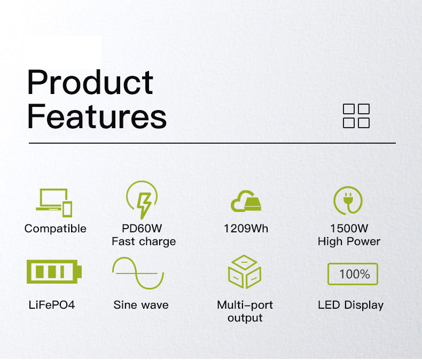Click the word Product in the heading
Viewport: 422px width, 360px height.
pyautogui.click(x=90, y=82)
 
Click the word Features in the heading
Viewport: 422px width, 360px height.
pyautogui.click(x=97, y=116)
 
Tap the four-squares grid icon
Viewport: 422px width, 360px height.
pyautogui.click(x=356, y=116)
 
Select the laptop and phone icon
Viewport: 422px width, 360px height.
pyautogui.click(x=54, y=202)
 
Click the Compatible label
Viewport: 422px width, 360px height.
pyautogui.click(x=56, y=229)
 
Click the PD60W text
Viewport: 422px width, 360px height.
pyautogui.click(x=142, y=229)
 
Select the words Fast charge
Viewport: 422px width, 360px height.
pyautogui.click(x=144, y=241)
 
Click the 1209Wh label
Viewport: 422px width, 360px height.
pyautogui.click(x=246, y=229)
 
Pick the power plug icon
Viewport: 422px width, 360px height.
pyautogui.click(x=348, y=200)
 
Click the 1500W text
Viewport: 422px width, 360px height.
pyautogui.click(x=349, y=229)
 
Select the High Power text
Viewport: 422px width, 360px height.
pyautogui.click(x=349, y=241)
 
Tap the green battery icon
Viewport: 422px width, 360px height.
pyautogui.click(x=54, y=271)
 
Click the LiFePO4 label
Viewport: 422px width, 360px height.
pyautogui.click(x=52, y=305)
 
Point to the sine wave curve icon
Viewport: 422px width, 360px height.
pyautogui.click(x=138, y=273)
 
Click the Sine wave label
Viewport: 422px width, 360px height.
pyautogui.click(x=141, y=305)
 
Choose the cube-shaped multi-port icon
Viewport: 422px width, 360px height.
pyautogui.click(x=245, y=272)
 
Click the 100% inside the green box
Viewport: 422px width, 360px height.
pyautogui.click(x=355, y=275)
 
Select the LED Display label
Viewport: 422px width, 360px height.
pyautogui.click(x=350, y=306)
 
